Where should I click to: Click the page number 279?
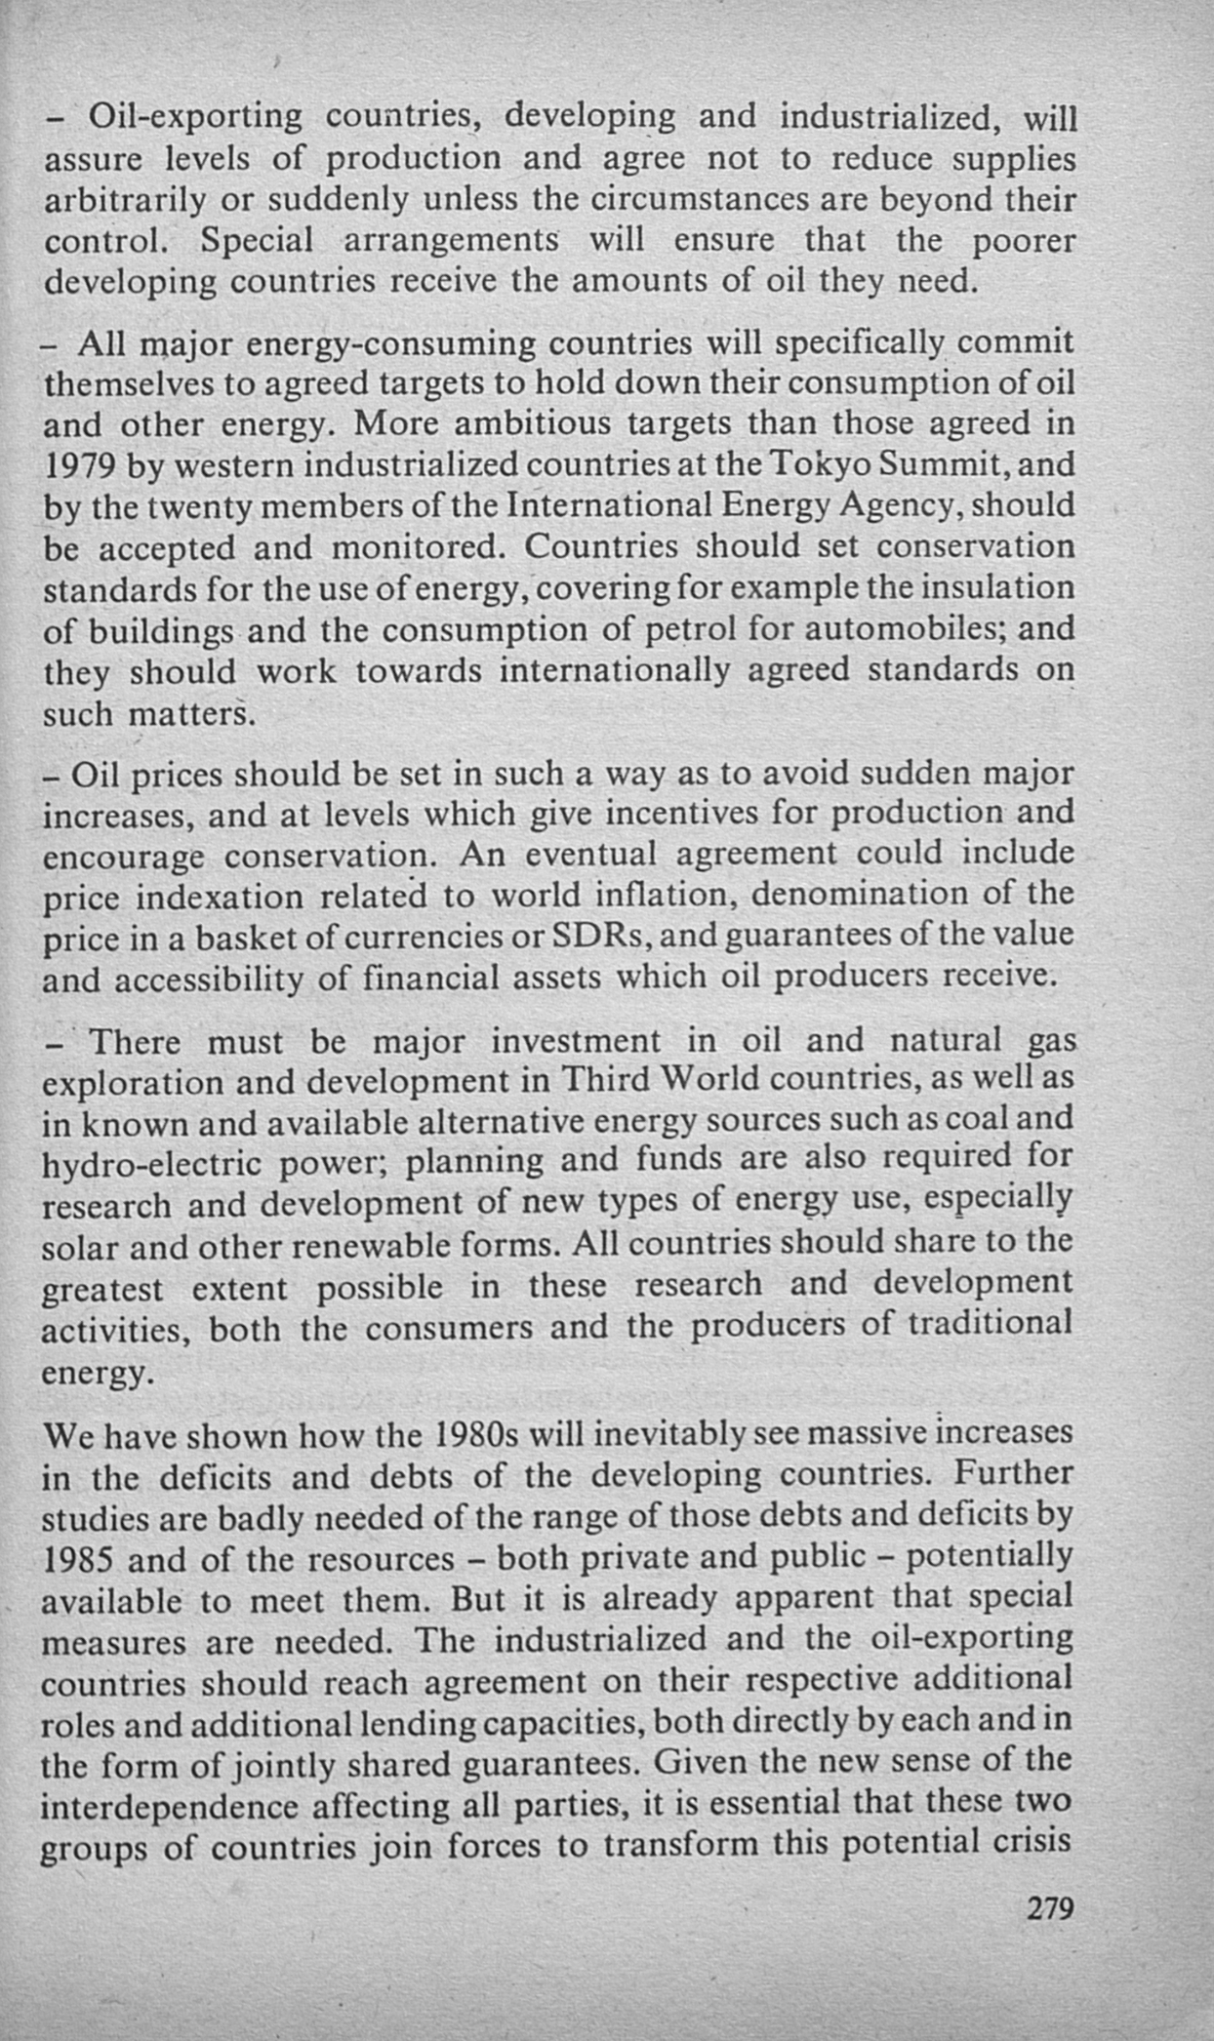[x=1050, y=1908]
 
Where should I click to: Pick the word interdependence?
[x=170, y=1807]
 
